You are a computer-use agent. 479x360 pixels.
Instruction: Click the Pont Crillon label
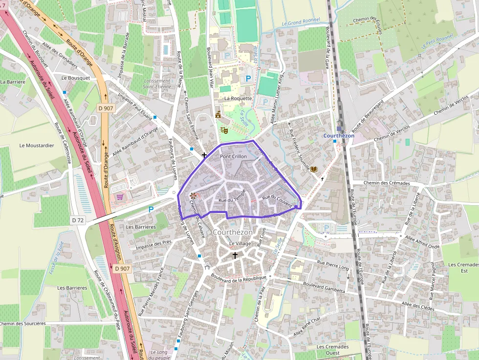pyautogui.click(x=233, y=156)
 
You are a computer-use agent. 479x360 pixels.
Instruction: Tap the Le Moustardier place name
pyautogui.click(x=37, y=146)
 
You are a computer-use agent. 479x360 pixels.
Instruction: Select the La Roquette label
pyautogui.click(x=238, y=98)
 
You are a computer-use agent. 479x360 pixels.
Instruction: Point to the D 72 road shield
pyautogui.click(x=78, y=220)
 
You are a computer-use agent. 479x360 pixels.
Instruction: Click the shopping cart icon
pyautogui.click(x=120, y=197)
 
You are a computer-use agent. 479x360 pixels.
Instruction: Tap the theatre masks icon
pyautogui.click(x=224, y=130)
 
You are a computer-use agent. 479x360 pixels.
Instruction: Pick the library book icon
pyautogui.click(x=313, y=169)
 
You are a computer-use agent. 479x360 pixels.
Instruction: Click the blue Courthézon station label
pyautogui.click(x=339, y=136)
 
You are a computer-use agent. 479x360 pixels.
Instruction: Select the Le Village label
pyautogui.click(x=239, y=243)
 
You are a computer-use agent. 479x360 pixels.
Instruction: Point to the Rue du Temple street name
pyautogui.click(x=232, y=199)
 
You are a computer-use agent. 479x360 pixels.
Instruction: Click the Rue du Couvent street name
pyautogui.click(x=277, y=200)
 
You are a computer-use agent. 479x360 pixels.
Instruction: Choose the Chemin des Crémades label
pyautogui.click(x=387, y=183)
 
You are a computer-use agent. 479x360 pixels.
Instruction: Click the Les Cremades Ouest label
pyautogui.click(x=332, y=350)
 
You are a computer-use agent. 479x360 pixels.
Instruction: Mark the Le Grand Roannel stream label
pyautogui.click(x=301, y=21)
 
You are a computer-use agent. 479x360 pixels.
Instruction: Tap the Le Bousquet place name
pyautogui.click(x=76, y=78)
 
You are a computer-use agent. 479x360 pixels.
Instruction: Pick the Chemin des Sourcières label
pyautogui.click(x=23, y=323)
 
